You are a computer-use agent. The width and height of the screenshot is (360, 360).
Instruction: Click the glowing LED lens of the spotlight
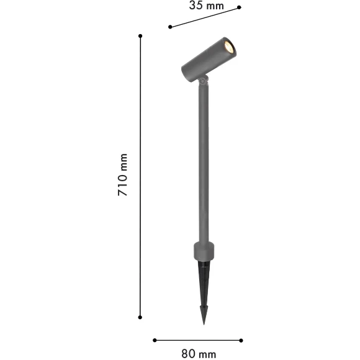(x=228, y=47)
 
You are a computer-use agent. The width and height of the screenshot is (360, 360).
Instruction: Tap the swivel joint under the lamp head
(x=203, y=79)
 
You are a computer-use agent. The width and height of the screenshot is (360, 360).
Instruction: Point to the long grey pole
(x=203, y=161)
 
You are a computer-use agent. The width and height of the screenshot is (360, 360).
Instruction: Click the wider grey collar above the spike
(x=204, y=251)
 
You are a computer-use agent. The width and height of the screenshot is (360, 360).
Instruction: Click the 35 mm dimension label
(x=205, y=6)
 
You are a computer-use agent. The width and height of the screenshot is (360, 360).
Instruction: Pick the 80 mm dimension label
(x=199, y=354)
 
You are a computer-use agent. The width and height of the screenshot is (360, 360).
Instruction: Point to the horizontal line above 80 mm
(x=197, y=340)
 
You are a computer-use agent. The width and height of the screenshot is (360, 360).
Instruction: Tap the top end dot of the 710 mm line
(x=140, y=36)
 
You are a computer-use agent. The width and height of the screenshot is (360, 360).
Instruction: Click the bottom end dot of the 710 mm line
(x=140, y=317)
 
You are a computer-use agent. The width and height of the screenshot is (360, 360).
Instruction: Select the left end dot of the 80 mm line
(x=154, y=340)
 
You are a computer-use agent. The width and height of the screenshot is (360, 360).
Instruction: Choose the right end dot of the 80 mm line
(x=241, y=340)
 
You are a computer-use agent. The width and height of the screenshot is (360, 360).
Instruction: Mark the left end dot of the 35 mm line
(x=170, y=27)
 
